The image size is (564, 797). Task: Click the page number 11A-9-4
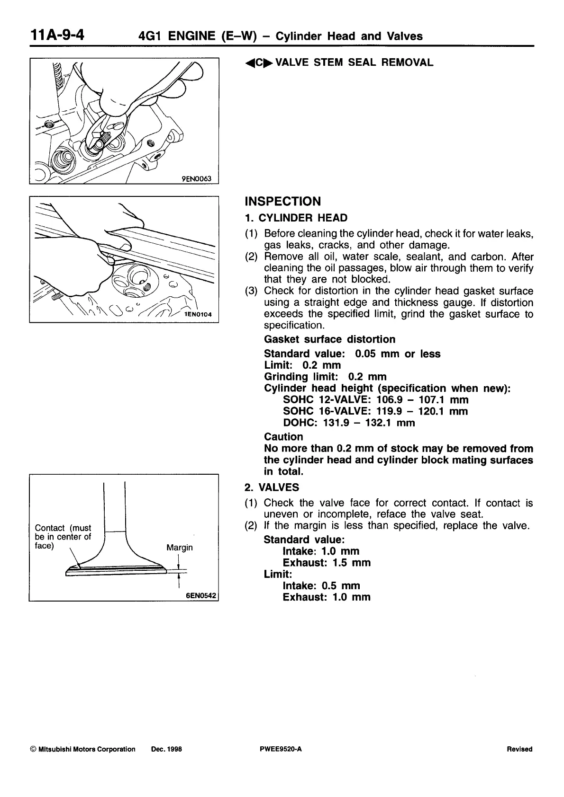point(57,35)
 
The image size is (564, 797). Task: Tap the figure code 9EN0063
point(199,178)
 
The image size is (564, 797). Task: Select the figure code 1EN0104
point(199,314)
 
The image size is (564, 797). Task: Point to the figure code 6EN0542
point(201,596)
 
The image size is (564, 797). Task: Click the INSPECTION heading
point(282,202)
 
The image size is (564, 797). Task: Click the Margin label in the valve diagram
point(180,548)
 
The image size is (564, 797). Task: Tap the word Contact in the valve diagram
point(49,528)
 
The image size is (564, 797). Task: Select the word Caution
point(283,437)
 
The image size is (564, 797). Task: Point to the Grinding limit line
point(325,377)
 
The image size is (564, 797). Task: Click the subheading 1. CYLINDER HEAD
point(296,218)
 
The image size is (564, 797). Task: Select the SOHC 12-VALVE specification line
point(375,400)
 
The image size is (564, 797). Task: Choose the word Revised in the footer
point(519,749)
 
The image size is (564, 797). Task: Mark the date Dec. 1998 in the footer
point(166,749)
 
